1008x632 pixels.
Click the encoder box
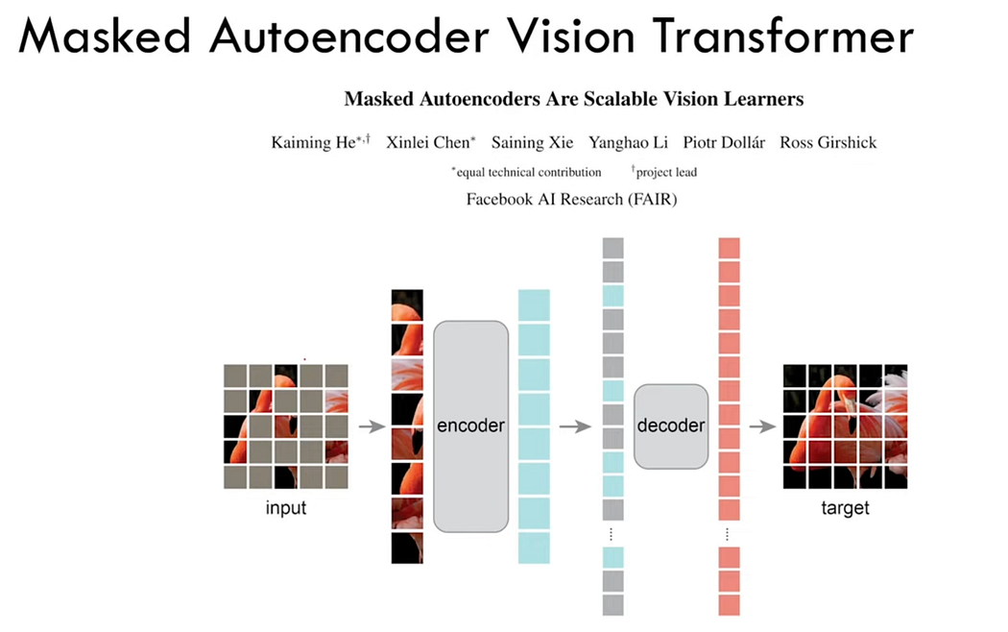click(x=470, y=425)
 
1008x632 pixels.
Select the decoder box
click(x=671, y=425)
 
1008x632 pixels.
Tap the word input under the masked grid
click(x=286, y=507)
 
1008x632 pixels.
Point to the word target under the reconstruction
click(x=845, y=507)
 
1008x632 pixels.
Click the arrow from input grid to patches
click(x=371, y=426)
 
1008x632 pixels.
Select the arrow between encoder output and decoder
click(x=575, y=426)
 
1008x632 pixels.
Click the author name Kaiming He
click(x=315, y=143)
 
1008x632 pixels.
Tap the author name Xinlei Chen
click(x=428, y=143)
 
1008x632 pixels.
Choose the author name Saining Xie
click(x=532, y=143)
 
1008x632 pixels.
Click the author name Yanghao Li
click(x=628, y=143)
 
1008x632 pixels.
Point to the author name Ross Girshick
click(x=828, y=143)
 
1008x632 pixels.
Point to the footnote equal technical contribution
click(x=527, y=172)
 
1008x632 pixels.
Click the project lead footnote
click(x=664, y=172)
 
